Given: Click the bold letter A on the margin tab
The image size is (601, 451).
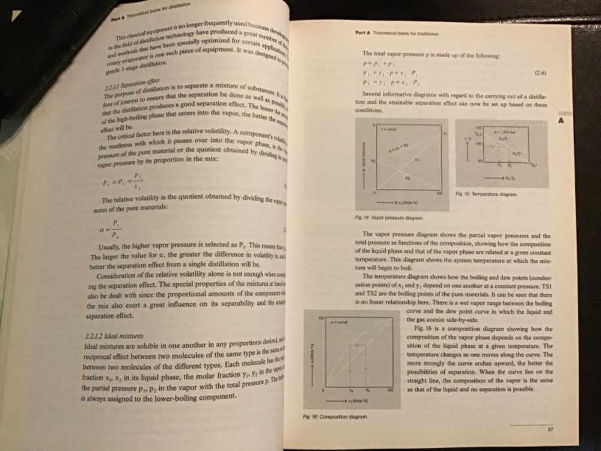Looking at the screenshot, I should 561,120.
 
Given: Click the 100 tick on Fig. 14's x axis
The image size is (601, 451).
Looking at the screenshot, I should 439,194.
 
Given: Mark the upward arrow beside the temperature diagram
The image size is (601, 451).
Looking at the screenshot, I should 467,150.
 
